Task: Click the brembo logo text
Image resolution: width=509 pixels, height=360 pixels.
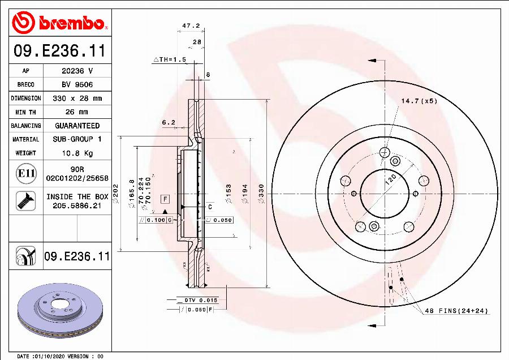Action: [71, 23]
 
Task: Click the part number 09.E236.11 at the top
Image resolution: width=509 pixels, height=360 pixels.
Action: [59, 52]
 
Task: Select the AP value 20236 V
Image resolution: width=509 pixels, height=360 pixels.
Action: [77, 71]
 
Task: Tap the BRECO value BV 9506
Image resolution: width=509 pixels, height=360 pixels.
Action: [77, 84]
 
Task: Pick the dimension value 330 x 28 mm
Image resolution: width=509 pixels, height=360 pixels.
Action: [77, 98]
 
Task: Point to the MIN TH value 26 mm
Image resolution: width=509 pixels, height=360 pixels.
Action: [77, 112]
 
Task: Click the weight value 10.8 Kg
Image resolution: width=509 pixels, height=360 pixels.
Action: [77, 153]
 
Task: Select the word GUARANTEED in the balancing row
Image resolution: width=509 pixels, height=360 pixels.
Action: [77, 126]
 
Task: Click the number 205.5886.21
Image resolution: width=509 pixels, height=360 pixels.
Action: [77, 206]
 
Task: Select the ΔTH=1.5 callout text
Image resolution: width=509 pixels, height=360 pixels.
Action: [170, 59]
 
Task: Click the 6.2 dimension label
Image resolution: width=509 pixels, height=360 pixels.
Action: [169, 122]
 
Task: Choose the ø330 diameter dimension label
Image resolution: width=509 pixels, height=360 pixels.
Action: [261, 192]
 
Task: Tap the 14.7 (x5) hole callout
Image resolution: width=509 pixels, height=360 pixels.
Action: [419, 101]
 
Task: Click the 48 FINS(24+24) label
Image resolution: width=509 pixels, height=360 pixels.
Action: [456, 311]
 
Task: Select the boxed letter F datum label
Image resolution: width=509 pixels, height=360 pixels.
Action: [165, 199]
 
